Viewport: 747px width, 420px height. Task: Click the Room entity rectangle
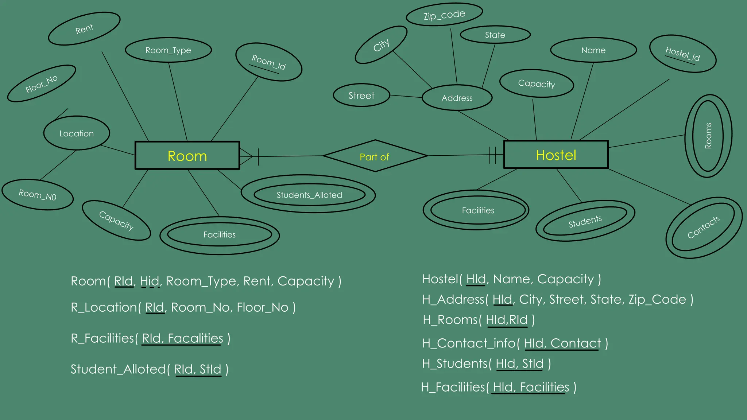(187, 156)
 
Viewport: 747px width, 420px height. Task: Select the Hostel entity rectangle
(556, 155)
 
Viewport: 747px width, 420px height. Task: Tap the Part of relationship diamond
(375, 156)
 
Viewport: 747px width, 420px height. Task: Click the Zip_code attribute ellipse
(444, 15)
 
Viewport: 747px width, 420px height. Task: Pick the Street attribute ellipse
(361, 96)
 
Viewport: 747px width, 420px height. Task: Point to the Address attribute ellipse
(457, 98)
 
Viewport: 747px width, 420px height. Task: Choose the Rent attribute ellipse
(84, 29)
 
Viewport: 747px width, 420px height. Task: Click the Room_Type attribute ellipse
(168, 50)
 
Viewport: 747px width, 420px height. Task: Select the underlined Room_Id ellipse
(268, 62)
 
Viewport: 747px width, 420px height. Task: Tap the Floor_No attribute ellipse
(41, 84)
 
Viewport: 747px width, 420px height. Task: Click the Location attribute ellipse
(77, 133)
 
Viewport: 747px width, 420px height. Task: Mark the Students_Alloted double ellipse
(309, 195)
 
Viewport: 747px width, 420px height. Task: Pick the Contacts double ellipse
(703, 227)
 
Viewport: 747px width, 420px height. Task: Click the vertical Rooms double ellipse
(708, 136)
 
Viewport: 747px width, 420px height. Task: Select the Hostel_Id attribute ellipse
(682, 54)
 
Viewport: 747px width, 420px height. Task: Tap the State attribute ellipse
(495, 35)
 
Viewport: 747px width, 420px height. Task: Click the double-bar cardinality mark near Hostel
(492, 155)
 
